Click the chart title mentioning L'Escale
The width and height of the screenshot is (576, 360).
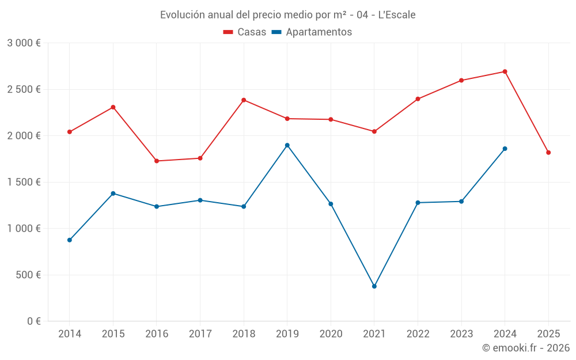(x=287, y=15)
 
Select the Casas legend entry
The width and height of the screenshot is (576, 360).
(x=245, y=32)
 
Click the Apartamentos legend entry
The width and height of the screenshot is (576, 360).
(x=312, y=32)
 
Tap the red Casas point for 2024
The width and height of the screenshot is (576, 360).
(x=505, y=71)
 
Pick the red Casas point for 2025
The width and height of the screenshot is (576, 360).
(x=548, y=153)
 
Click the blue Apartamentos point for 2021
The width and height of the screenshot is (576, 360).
(x=374, y=286)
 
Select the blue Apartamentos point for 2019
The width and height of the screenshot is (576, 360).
(x=287, y=145)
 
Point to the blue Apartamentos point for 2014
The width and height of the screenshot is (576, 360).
(x=70, y=240)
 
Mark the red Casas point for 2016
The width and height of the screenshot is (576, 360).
(x=157, y=161)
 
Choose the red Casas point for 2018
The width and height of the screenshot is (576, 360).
(x=244, y=100)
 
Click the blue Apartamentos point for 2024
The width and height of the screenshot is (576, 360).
(x=505, y=149)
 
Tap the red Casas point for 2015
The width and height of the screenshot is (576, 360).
(x=113, y=107)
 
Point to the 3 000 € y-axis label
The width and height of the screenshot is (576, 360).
(x=24, y=43)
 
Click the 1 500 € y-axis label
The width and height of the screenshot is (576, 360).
(x=24, y=182)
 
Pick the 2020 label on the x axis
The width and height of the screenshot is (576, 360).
(x=331, y=334)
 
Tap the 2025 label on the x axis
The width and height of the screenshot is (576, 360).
(x=548, y=334)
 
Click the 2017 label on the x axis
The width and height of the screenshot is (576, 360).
(x=200, y=334)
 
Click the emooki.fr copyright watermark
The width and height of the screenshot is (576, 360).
(x=525, y=348)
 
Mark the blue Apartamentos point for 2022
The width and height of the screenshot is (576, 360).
(x=418, y=203)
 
